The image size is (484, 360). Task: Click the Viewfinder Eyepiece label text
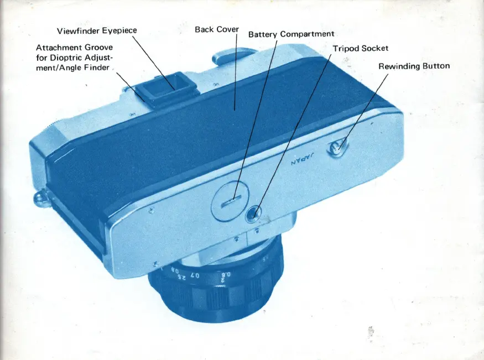click(x=97, y=30)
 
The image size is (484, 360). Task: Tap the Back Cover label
click(x=217, y=29)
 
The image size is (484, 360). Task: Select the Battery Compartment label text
click(x=291, y=34)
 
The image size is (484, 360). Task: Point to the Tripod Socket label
click(x=361, y=48)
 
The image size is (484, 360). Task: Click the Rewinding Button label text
click(x=414, y=66)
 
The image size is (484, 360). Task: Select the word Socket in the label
click(x=375, y=48)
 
